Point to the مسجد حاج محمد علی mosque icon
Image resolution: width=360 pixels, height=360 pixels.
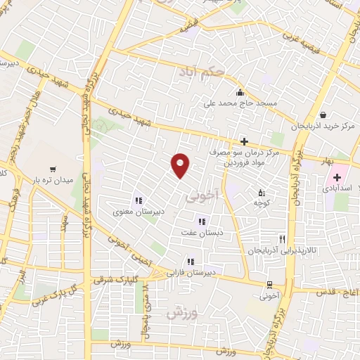point(240,92)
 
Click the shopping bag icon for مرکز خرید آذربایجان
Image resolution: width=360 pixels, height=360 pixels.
point(322,115)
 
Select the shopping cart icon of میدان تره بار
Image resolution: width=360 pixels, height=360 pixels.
point(53,169)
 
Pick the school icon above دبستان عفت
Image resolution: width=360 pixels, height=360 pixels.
point(201,221)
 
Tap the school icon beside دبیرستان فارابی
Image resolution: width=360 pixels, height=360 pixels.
point(190,262)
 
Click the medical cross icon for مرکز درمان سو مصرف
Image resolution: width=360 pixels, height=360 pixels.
point(244,141)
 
